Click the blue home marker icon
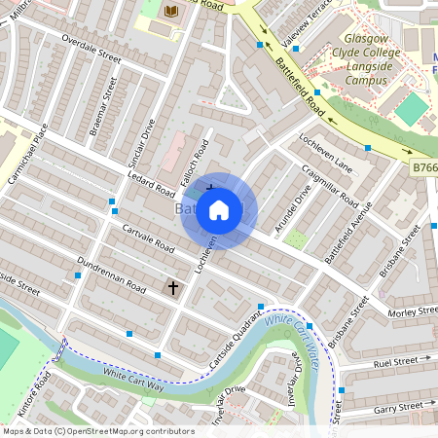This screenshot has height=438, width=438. click(219, 209)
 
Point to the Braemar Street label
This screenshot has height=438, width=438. click(103, 106)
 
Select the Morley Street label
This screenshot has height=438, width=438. click(414, 310)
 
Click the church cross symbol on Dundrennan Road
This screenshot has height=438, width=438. click(173, 288)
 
